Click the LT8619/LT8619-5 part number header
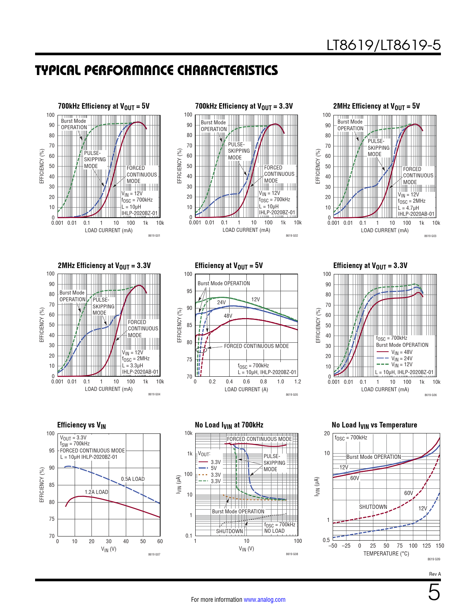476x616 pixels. pos(383,45)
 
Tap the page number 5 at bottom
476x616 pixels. pos(434,592)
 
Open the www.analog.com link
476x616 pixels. pos(264,600)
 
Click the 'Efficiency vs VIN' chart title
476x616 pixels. pos(81,425)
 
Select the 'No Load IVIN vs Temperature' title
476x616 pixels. pos(374,425)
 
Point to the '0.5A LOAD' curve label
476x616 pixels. pos(133,479)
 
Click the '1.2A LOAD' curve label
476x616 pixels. pos(96,492)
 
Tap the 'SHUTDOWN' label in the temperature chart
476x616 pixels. pos(373,507)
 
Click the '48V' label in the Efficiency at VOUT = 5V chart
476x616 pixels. pos(228,316)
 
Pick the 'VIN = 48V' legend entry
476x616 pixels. pos(401,352)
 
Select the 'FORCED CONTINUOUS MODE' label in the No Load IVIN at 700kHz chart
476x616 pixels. pos(259,439)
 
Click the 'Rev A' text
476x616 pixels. pos(435,574)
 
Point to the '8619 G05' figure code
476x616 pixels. pos(292,395)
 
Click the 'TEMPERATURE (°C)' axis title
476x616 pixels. pos(386,554)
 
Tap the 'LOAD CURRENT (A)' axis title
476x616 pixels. pos(246,389)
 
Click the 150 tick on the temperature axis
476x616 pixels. pos(440,546)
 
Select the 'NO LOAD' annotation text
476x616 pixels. pos(274,531)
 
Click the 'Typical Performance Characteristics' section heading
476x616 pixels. pos(156,71)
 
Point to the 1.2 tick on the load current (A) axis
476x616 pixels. pos(298,382)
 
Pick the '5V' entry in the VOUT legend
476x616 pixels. pos(214,468)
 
